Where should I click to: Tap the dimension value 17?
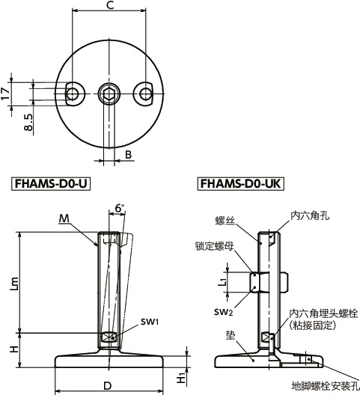pos(6,93)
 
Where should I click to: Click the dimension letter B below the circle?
pos(128,155)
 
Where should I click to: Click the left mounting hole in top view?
pos(73,94)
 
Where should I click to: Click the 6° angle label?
pos(120,207)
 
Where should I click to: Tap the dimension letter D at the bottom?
pos(109,385)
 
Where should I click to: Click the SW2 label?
pos(222,310)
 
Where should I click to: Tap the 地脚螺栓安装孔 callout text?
pos(323,385)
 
